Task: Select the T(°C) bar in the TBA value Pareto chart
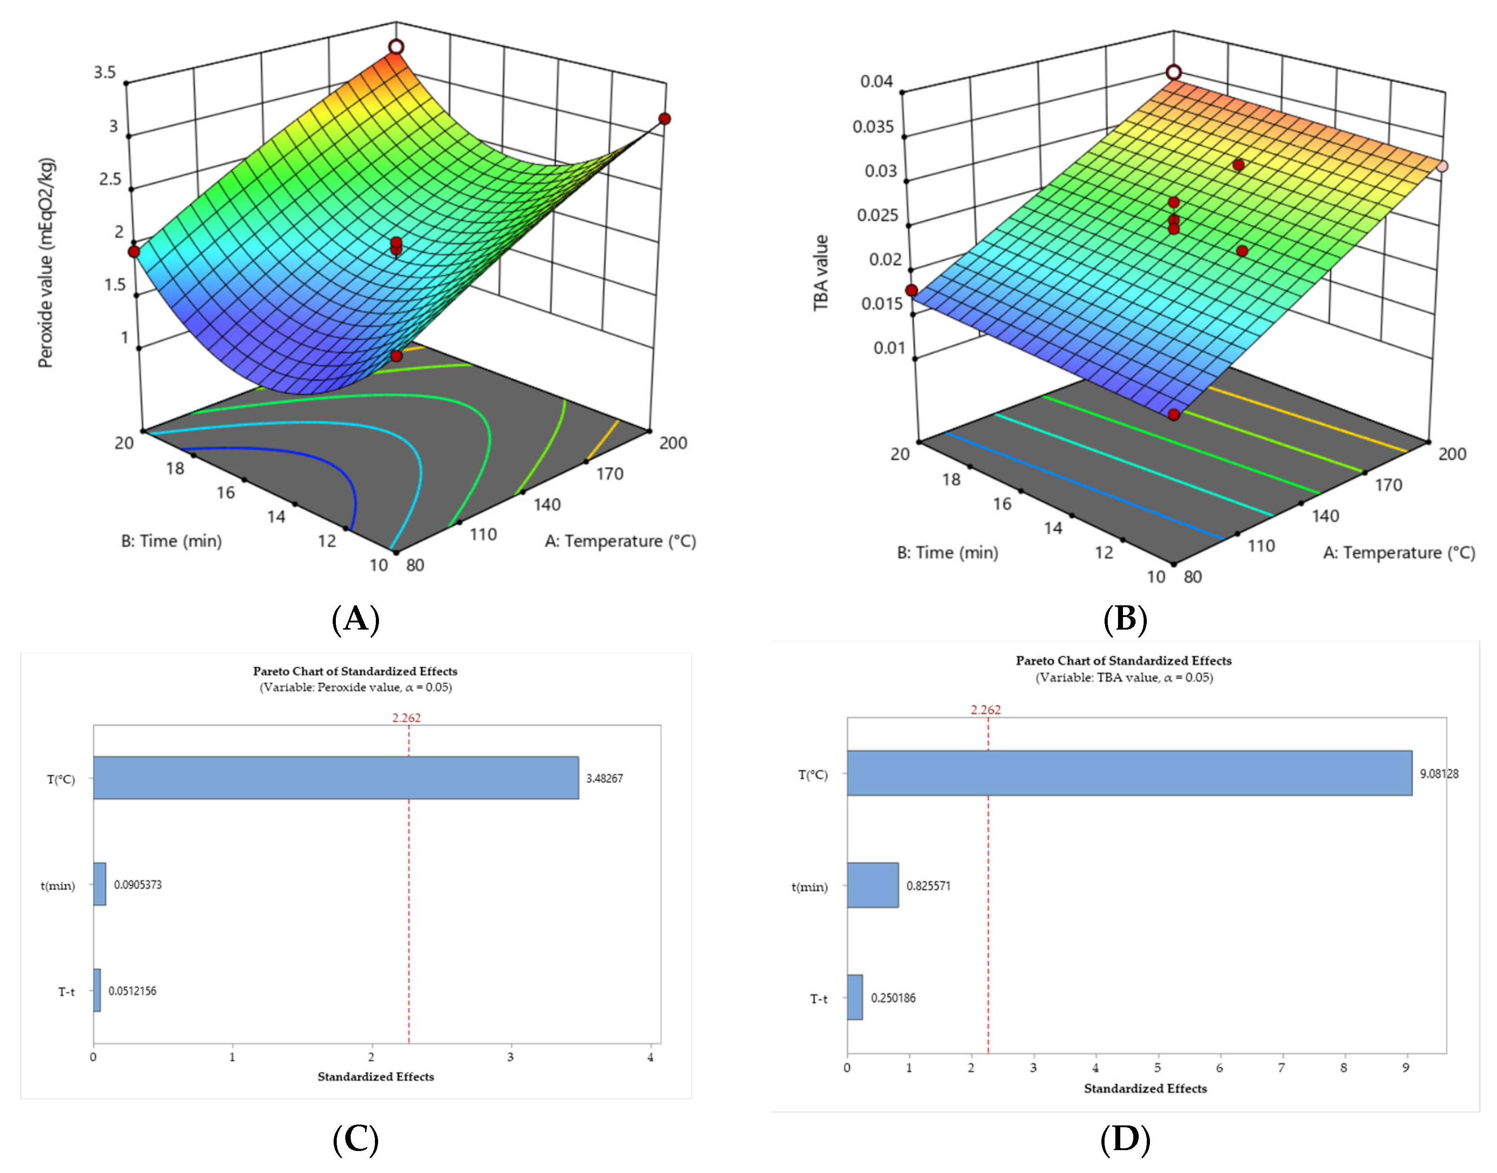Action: click(x=1129, y=773)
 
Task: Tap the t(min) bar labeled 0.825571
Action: click(x=872, y=885)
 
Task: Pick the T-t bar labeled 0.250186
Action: click(x=854, y=997)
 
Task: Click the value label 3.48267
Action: click(x=604, y=778)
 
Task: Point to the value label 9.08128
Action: click(x=1439, y=773)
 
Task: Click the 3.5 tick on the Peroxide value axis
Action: click(x=105, y=73)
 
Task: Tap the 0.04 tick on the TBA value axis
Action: click(x=876, y=82)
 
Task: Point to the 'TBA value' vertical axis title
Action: click(x=820, y=273)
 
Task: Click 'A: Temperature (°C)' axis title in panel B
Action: click(x=1399, y=553)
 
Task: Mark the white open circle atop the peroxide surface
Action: click(x=396, y=47)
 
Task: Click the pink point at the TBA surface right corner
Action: click(x=1442, y=166)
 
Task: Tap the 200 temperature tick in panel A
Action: click(x=673, y=443)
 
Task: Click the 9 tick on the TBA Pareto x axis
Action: click(x=1406, y=1067)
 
